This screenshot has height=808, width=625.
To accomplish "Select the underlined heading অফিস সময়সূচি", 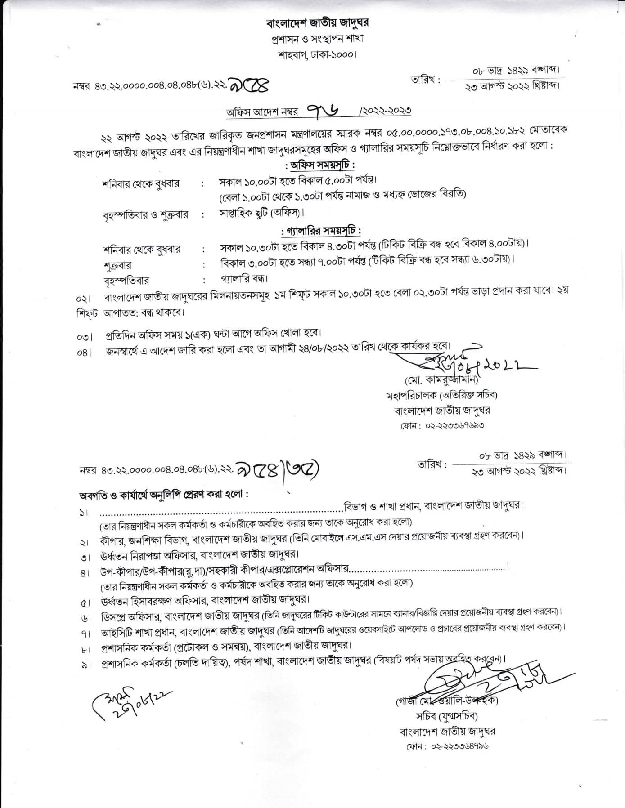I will [320, 165].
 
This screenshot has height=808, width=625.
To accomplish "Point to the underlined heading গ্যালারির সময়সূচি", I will [320, 231].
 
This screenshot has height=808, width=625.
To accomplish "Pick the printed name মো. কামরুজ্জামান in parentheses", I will [441, 380].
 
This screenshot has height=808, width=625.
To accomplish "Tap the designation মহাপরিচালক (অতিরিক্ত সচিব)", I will [441, 396].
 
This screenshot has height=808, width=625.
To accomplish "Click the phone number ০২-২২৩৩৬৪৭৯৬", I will [460, 746].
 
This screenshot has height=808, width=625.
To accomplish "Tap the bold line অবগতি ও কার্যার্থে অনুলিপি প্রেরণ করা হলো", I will [164, 495].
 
